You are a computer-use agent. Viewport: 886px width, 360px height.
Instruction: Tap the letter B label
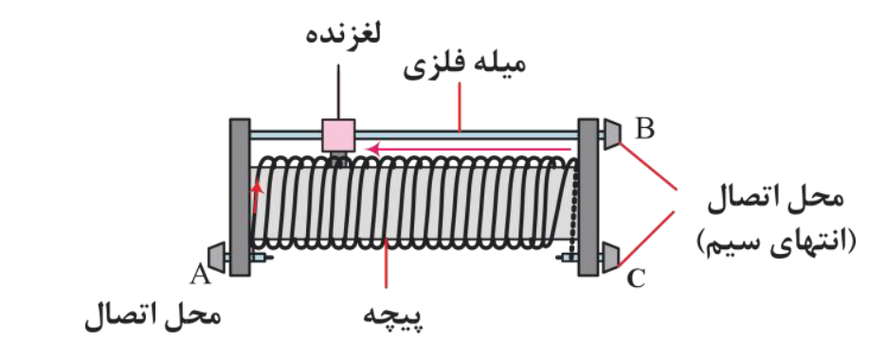(x=645, y=130)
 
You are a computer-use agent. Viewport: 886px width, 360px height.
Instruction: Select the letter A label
(x=199, y=275)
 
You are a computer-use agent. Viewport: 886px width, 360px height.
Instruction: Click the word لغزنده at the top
(x=342, y=35)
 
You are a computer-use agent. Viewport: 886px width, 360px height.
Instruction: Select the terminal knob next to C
(x=611, y=256)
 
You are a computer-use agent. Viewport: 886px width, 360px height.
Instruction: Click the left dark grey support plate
(x=240, y=197)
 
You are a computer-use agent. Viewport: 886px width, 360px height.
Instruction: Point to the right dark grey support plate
(x=588, y=197)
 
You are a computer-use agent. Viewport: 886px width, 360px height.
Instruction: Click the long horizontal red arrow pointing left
(x=469, y=149)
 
